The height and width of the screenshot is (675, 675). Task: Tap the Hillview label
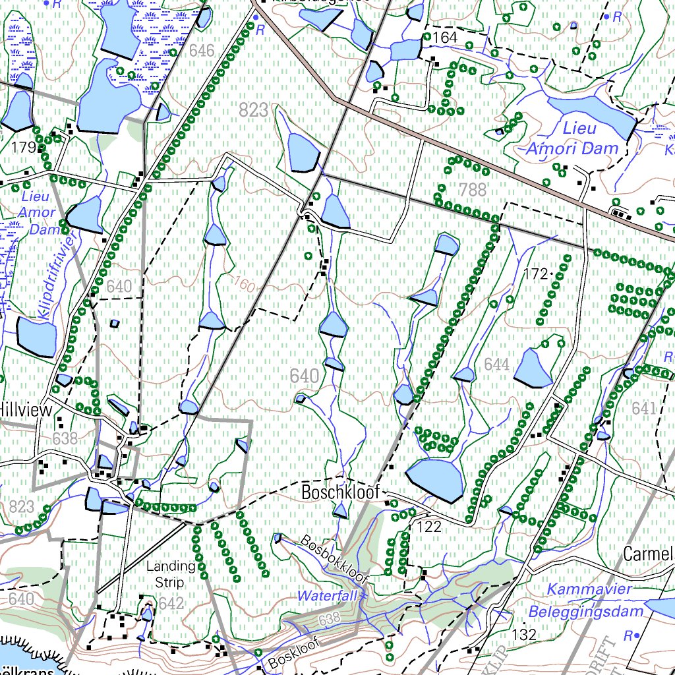point(26,409)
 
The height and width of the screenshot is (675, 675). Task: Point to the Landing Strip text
point(171,574)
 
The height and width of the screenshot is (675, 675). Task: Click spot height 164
point(446,38)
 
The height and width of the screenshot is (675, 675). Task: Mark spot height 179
point(22,148)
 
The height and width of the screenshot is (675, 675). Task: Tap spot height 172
point(536,272)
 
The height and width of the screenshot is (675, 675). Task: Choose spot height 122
point(428,526)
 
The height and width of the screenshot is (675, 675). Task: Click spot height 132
point(525,635)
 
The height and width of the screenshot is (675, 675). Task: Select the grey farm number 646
point(202,50)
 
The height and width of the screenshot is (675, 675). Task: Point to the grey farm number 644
point(496,364)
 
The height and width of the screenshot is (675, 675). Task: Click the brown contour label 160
point(244,285)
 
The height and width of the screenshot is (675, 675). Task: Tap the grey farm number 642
point(171,603)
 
